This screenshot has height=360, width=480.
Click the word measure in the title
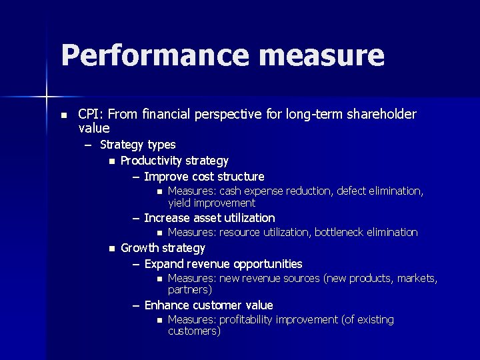coord(323,56)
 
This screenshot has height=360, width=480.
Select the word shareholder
coord(377,114)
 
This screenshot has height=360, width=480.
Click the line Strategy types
coord(138,145)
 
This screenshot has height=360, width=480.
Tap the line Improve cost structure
coord(204,177)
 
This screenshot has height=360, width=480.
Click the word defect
coord(353,191)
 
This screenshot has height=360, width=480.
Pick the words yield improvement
coord(211,203)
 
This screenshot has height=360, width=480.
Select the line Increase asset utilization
coord(209,218)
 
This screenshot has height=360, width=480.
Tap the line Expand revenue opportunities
coord(223,264)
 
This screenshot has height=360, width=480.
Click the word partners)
coord(190,290)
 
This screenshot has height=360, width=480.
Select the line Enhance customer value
coord(209,305)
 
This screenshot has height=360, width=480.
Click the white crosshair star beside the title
coord(46,98)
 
